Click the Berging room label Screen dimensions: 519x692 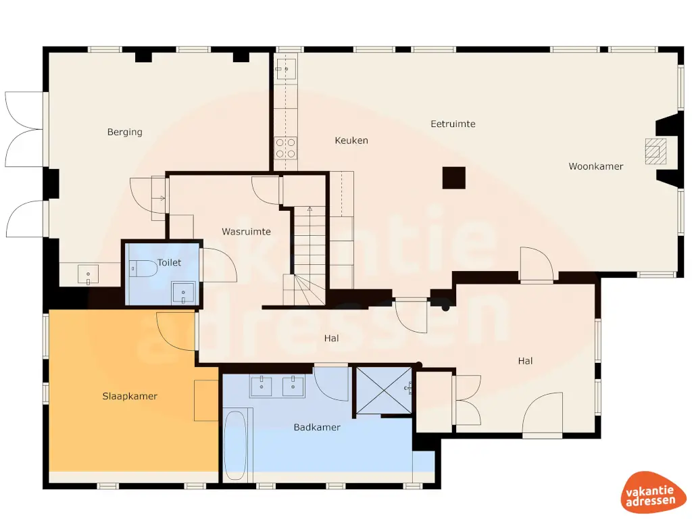125,132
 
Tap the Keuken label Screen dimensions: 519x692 351,141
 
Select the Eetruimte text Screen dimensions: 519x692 453,124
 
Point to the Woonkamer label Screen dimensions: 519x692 595,166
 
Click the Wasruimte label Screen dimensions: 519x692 246,232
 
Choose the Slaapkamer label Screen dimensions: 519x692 130,396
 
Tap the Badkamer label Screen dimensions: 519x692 317,428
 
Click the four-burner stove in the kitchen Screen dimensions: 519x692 285,147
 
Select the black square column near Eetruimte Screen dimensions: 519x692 453,178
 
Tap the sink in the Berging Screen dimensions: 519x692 88,274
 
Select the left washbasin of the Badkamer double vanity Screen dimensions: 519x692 262,387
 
